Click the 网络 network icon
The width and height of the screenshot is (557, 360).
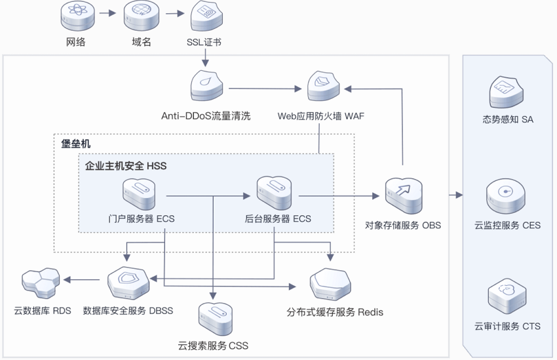click(77, 16)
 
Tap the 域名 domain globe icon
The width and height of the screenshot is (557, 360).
click(141, 16)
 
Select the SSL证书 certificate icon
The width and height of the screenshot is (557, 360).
click(206, 16)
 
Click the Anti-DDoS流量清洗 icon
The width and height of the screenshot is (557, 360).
click(206, 86)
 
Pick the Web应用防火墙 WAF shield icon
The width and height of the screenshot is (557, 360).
click(323, 86)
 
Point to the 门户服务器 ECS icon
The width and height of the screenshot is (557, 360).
click(139, 194)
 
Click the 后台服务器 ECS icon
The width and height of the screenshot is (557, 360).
click(274, 192)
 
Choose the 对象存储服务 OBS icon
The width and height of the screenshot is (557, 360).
click(404, 196)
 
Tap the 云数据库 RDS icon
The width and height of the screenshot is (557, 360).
click(41, 283)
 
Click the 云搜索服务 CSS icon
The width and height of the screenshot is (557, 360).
click(216, 319)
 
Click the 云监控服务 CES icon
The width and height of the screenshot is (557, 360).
click(505, 196)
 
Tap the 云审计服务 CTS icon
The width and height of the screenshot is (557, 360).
click(507, 297)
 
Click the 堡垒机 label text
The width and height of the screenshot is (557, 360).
click(75, 144)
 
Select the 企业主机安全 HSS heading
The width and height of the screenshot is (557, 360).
click(126, 166)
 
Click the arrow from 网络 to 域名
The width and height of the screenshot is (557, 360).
click(107, 13)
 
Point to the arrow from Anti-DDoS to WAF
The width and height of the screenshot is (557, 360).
click(265, 89)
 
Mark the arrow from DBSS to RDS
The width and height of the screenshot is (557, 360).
click(81, 280)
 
